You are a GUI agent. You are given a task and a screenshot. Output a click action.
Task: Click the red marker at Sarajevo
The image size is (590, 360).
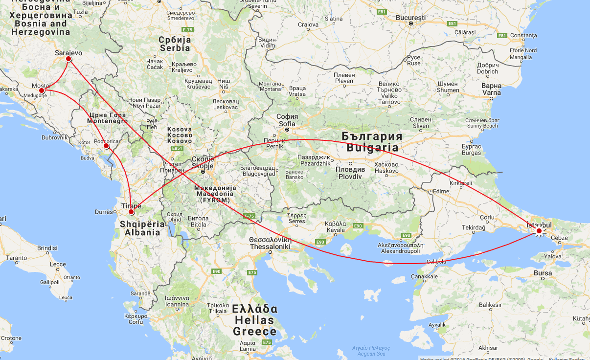point(68,59)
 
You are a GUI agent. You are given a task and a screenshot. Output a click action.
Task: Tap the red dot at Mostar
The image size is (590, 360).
point(42,90)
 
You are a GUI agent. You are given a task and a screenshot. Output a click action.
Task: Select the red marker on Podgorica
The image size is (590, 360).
point(106,146)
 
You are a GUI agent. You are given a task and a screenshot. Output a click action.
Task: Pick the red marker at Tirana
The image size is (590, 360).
point(131,212)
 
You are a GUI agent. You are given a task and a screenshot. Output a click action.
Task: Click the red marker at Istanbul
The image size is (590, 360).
point(539,231)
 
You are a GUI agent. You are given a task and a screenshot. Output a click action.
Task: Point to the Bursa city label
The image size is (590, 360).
point(543,273)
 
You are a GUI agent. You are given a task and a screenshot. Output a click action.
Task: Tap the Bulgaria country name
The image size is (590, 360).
point(372,141)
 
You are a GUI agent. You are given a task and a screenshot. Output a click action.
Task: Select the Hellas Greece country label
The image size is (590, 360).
point(254,320)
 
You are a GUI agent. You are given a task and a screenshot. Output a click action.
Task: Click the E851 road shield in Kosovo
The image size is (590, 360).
point(177,148)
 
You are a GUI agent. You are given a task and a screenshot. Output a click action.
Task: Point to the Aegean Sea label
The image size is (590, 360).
point(369,351)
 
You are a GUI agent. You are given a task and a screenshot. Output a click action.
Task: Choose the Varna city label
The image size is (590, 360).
point(491,89)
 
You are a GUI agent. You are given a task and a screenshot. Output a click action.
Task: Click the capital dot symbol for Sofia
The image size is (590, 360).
point(287,130)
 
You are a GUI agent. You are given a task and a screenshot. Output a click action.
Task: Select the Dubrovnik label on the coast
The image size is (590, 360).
point(54,137)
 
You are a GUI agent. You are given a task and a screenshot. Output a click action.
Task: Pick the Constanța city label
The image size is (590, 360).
point(523,35)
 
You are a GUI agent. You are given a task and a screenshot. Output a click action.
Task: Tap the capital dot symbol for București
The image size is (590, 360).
point(411,23)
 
